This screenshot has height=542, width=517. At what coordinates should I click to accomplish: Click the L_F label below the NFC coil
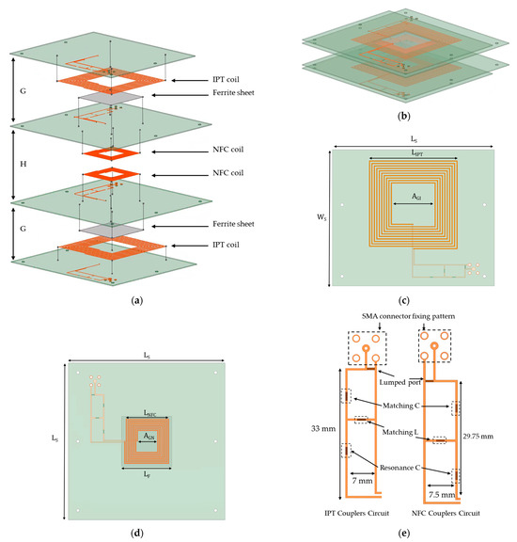[x=150, y=476]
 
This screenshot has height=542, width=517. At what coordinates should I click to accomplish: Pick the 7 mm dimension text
[x=362, y=481]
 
